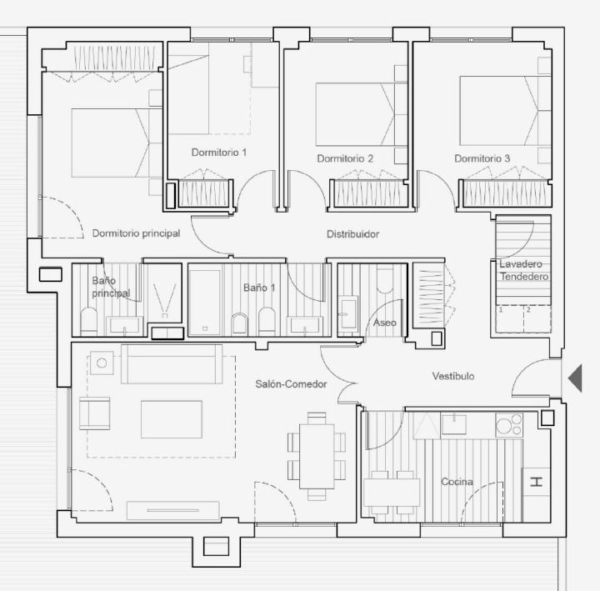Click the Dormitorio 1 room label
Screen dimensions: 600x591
(219, 153)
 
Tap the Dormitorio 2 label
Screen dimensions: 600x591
(345, 158)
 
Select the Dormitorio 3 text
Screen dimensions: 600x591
(482, 158)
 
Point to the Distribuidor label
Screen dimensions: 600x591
(352, 234)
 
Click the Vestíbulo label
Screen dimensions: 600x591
(453, 376)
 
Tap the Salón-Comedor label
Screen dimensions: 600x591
(291, 384)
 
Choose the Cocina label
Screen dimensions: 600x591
(457, 482)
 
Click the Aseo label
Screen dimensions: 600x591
(384, 323)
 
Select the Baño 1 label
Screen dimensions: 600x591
(259, 288)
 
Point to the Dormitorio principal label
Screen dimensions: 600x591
(136, 233)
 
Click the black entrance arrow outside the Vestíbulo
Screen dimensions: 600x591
(575, 378)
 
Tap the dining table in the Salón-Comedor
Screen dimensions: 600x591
(317, 456)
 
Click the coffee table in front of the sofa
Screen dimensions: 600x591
(172, 419)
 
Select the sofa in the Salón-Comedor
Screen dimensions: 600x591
(172, 364)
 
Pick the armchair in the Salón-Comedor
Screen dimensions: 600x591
(94, 413)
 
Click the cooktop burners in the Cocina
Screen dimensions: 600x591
(509, 425)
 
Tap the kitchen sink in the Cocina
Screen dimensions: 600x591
(454, 424)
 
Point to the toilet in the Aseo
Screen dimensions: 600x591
(385, 280)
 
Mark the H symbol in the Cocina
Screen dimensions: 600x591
(537, 482)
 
